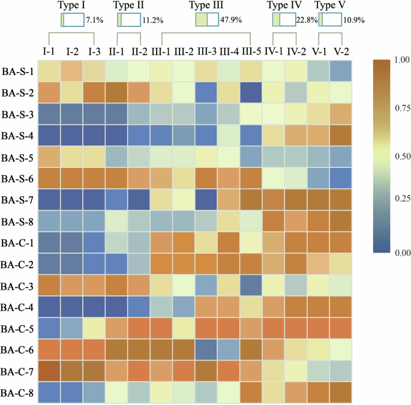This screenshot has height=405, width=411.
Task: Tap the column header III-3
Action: (x=207, y=50)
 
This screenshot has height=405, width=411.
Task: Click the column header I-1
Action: (x=50, y=50)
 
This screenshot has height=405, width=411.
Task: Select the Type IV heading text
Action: (x=285, y=6)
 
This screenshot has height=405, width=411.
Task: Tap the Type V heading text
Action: (x=331, y=6)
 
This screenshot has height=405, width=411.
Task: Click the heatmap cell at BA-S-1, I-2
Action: (x=72, y=71)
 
